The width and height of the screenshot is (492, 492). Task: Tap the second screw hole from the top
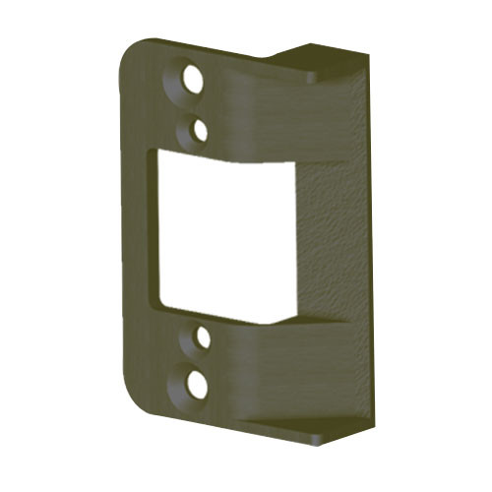200,128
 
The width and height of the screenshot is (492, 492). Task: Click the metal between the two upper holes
196,104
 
